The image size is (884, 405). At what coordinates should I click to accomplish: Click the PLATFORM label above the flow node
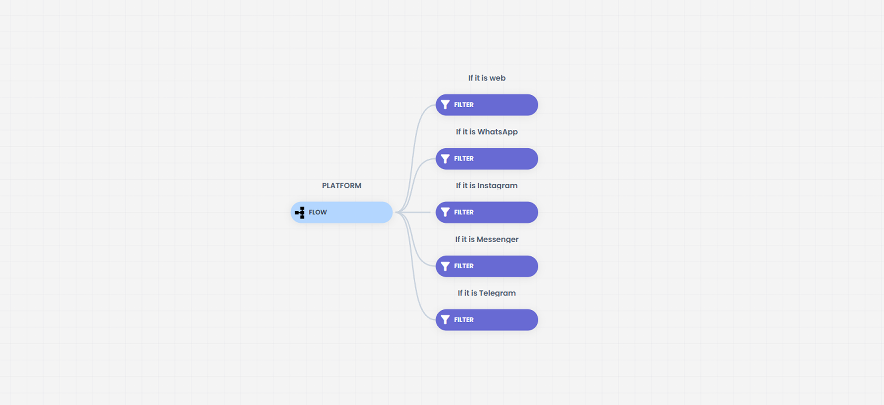[x=342, y=185]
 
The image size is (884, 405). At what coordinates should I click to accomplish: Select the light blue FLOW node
[x=342, y=212]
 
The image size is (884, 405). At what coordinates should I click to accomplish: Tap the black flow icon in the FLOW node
[x=300, y=212]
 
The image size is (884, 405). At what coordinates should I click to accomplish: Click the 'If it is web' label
[x=487, y=78]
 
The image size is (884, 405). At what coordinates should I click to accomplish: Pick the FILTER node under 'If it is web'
[x=487, y=105]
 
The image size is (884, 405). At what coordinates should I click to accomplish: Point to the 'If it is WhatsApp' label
[x=487, y=132]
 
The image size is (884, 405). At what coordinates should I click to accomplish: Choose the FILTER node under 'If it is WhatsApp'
[x=487, y=159]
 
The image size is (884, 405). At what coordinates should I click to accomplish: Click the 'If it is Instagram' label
[x=487, y=185]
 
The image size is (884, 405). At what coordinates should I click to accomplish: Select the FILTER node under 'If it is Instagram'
[x=487, y=212]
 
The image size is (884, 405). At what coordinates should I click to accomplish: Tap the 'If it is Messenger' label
[x=487, y=239]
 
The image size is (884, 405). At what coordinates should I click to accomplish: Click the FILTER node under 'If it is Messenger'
[x=487, y=266]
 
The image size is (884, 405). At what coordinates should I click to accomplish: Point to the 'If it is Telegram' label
[x=487, y=293]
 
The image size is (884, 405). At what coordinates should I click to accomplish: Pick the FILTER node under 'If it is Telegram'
[x=487, y=320]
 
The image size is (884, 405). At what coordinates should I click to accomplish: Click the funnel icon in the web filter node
[x=445, y=105]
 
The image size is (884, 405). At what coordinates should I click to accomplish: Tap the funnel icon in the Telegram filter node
[x=445, y=320]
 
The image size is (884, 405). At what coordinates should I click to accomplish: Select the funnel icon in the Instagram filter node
[x=445, y=212]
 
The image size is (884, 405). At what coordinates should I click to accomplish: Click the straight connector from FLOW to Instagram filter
[x=413, y=212]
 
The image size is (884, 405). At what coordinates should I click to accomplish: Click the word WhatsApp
[x=498, y=132]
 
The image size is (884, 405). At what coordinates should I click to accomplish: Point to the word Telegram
[x=497, y=293]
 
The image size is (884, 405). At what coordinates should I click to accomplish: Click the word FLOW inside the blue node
[x=318, y=212]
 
